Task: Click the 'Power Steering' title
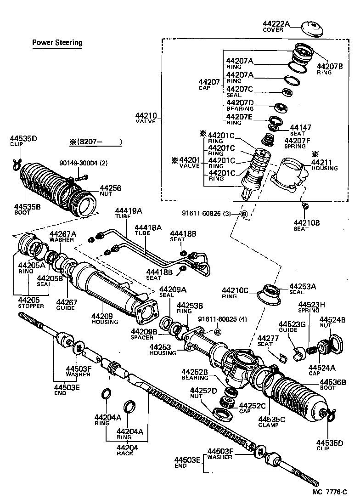tap(57, 43)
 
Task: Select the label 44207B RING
tap(330, 69)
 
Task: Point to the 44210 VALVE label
tap(146, 118)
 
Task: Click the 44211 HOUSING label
tap(324, 165)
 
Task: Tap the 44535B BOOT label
tap(27, 210)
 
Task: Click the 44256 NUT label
tap(110, 191)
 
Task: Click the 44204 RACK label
tap(124, 450)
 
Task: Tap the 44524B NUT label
tap(332, 322)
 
